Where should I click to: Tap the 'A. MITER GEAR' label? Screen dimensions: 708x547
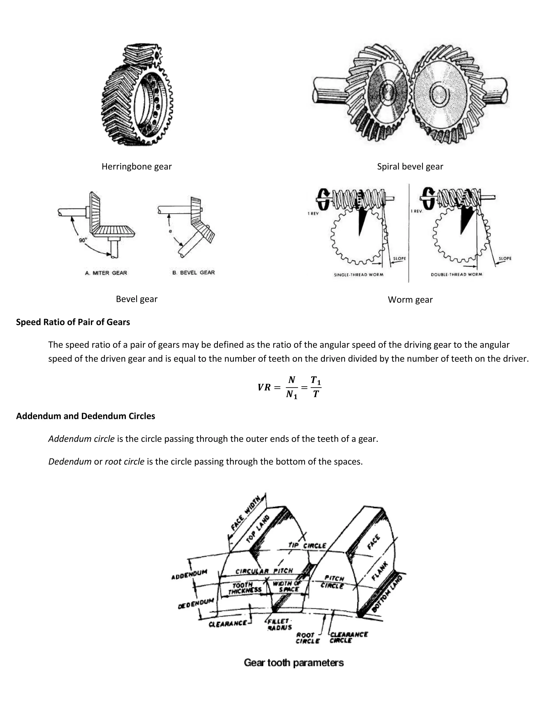pyautogui.click(x=106, y=273)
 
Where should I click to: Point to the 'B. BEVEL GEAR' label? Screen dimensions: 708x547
pyautogui.click(x=193, y=273)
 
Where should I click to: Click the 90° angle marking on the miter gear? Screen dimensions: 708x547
pyautogui.click(x=83, y=240)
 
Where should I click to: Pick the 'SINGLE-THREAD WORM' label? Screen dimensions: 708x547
pyautogui.click(x=358, y=275)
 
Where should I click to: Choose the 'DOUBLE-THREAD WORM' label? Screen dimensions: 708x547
pyautogui.click(x=456, y=275)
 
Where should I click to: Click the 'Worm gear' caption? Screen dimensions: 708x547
pyautogui.click(x=410, y=299)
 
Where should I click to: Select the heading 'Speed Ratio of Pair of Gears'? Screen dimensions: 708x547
pyautogui.click(x=73, y=322)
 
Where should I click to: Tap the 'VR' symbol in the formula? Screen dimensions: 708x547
pyautogui.click(x=264, y=387)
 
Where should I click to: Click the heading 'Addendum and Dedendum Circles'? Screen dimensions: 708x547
pyautogui.click(x=85, y=416)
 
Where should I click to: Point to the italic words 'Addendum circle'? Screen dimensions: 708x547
pyautogui.click(x=81, y=439)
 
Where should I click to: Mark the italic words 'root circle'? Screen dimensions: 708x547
pyautogui.click(x=124, y=461)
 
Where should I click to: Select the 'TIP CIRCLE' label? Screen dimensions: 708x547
pyautogui.click(x=307, y=545)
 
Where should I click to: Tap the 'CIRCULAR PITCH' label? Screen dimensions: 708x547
pyautogui.click(x=264, y=571)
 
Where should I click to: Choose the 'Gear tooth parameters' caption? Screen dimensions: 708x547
pyautogui.click(x=294, y=663)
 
